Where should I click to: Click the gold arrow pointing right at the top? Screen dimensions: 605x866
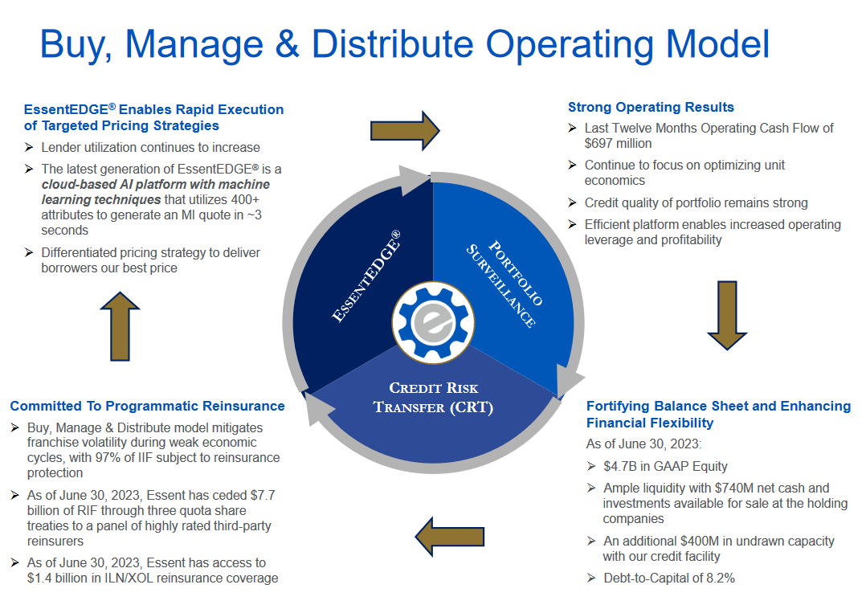404,129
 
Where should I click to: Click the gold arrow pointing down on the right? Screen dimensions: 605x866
727,315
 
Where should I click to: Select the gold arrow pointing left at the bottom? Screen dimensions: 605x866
449,535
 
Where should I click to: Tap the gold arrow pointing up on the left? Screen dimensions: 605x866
121,326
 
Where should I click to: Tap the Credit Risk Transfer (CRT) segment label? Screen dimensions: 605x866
433,397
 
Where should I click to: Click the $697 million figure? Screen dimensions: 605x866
618,143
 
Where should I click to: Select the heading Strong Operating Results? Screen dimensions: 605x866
651,107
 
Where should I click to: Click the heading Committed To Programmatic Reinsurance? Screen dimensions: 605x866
147,406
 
